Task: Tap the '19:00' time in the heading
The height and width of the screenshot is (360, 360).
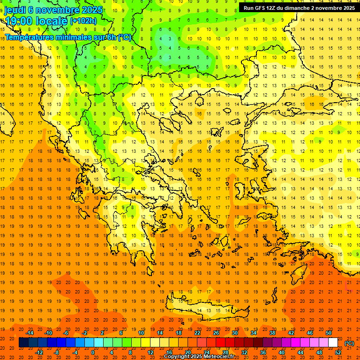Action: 19,21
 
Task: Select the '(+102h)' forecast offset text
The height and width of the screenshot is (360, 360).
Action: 83,21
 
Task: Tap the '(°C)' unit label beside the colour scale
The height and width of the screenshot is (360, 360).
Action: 349,343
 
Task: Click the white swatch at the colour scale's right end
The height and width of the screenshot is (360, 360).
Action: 333,343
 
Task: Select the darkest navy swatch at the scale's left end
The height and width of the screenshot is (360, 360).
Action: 23,343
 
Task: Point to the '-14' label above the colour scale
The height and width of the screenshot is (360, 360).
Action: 30,333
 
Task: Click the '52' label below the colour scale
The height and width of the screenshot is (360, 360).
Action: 338,352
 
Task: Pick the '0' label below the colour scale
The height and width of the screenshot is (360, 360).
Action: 92,352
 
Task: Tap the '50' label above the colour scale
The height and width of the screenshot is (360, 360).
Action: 329,333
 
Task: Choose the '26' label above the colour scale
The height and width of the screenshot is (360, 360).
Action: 216,333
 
